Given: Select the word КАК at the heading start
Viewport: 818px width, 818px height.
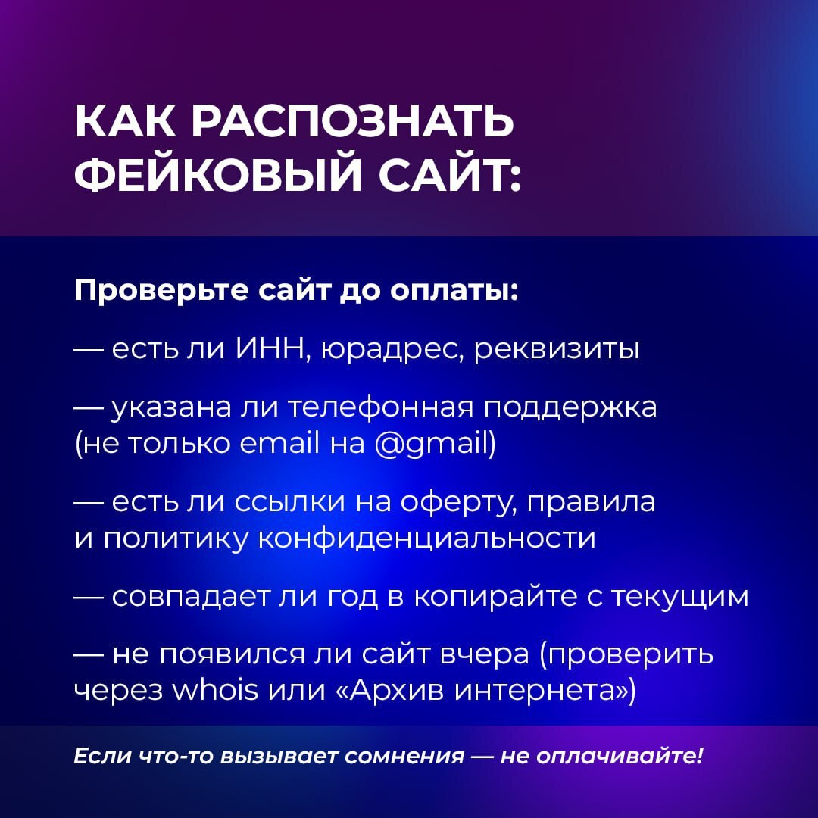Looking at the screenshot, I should pos(123,121).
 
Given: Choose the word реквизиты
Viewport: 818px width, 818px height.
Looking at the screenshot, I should pos(557,351).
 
